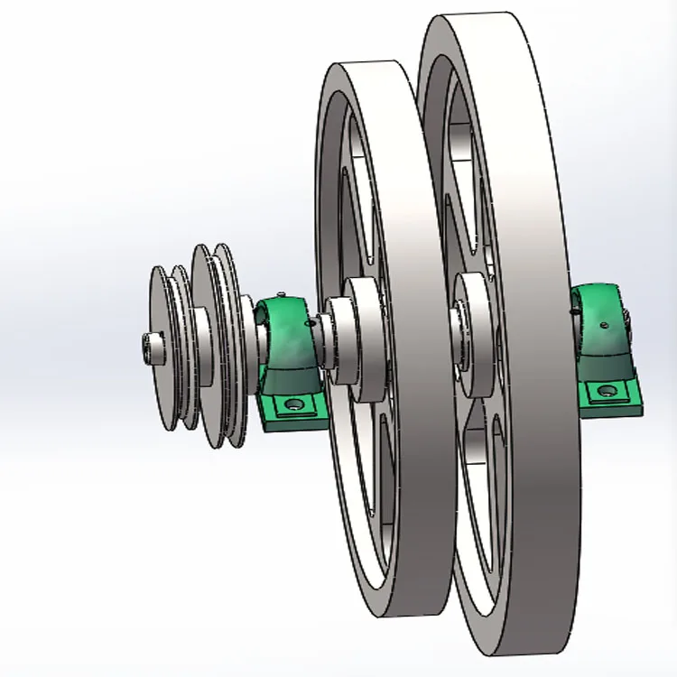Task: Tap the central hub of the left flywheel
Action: [x=361, y=338]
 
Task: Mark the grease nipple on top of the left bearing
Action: [x=282, y=295]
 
